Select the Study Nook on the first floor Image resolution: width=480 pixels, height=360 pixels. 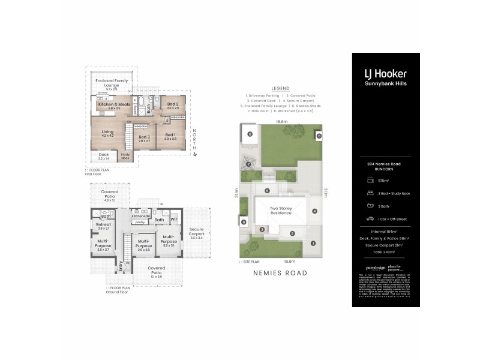(125, 156)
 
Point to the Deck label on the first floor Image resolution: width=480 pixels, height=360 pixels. (104, 156)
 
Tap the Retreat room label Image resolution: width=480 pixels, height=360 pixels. (103, 226)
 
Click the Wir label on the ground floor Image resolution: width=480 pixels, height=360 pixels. (175, 220)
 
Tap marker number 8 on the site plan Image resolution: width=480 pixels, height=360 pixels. (249, 134)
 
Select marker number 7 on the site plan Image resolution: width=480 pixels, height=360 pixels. (248, 164)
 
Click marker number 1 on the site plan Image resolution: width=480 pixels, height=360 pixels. (312, 243)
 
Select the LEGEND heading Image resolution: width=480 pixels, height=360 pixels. (280, 88)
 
